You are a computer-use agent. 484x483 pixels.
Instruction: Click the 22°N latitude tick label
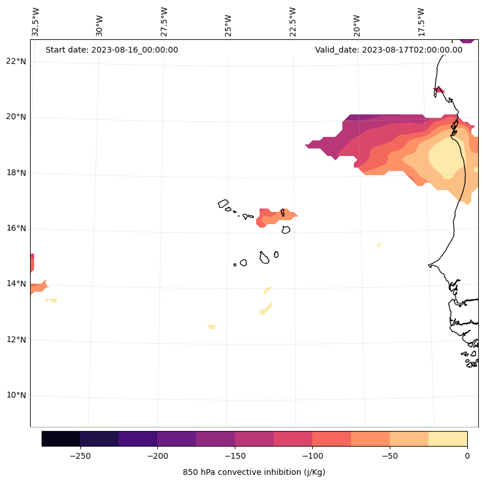tap(16, 61)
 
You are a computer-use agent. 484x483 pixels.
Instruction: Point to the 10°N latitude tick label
tap(16, 396)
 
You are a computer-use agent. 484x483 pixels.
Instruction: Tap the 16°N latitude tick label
tap(16, 228)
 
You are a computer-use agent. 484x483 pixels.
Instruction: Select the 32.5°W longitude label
tap(36, 22)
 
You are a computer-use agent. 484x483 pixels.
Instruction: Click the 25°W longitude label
tap(228, 24)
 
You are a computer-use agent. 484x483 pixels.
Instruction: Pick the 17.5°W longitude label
tap(422, 22)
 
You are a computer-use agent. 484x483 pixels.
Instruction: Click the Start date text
tap(112, 50)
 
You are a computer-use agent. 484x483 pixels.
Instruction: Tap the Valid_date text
tap(389, 50)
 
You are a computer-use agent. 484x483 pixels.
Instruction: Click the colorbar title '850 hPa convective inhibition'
tap(254, 472)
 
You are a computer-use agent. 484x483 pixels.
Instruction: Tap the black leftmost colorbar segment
tap(61, 439)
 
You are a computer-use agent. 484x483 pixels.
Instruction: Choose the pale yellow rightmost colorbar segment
tap(448, 439)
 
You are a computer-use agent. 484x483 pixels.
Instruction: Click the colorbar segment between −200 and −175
tap(176, 439)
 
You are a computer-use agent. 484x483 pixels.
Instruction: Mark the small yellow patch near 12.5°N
tap(212, 327)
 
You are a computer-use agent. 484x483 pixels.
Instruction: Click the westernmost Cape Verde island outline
tap(223, 203)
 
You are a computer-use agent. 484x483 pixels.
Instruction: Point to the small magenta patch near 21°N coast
tap(439, 91)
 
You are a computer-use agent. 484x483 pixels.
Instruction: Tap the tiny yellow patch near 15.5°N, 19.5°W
tap(378, 245)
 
